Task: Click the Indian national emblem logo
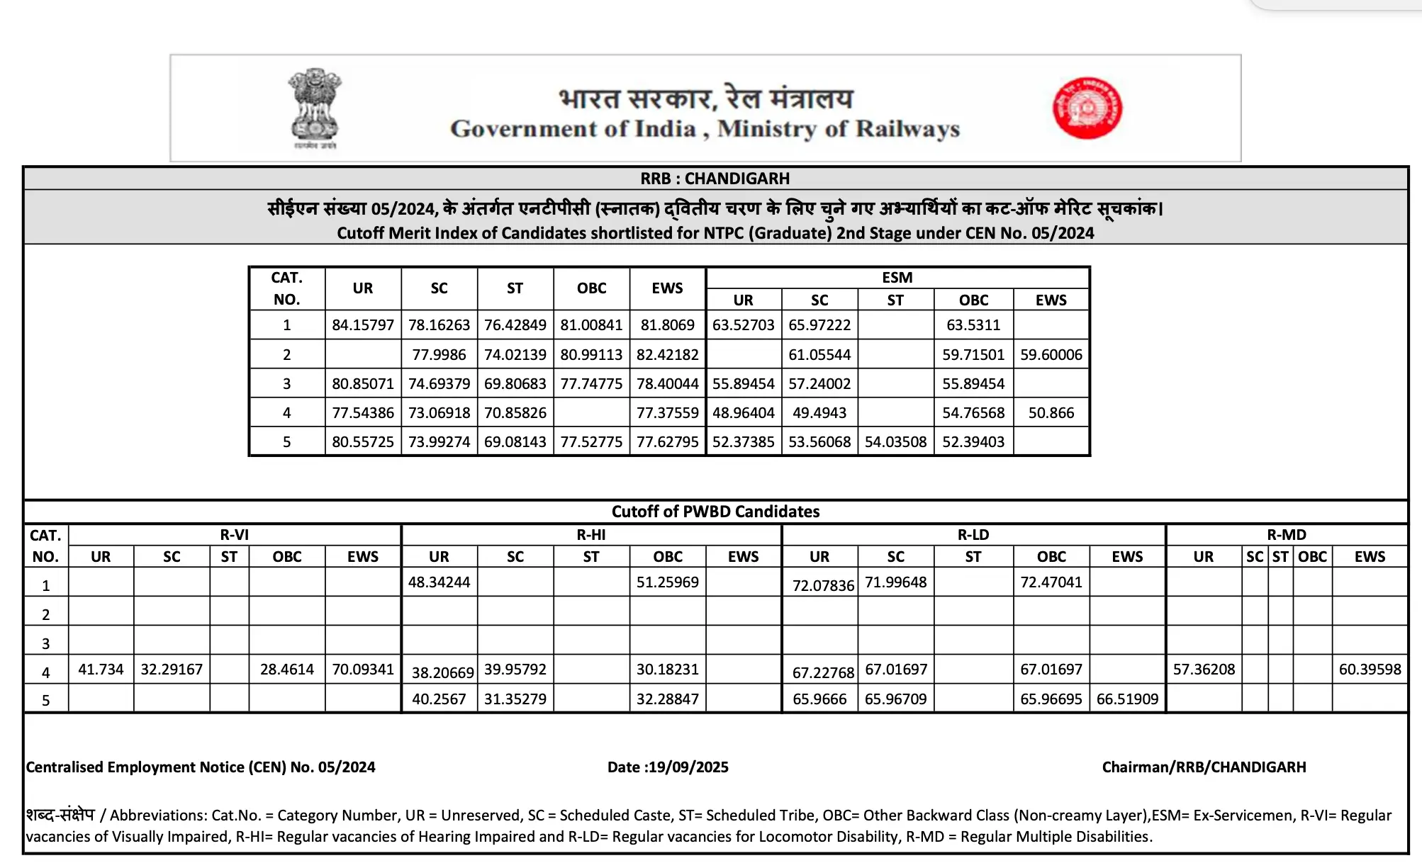tap(315, 108)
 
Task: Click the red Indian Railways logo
tap(1087, 108)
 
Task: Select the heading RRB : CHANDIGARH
tap(715, 179)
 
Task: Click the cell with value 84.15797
tap(363, 325)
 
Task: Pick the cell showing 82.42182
tap(667, 354)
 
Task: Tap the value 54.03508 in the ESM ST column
tap(895, 441)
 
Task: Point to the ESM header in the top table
tap(897, 278)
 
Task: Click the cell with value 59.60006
tap(1051, 354)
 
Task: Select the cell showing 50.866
tap(1051, 412)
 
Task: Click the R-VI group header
tap(234, 535)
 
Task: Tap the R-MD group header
tap(1286, 535)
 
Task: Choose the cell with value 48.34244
tap(439, 582)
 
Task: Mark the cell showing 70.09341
tap(363, 670)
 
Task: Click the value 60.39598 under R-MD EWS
tap(1370, 670)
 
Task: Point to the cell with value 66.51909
tap(1127, 699)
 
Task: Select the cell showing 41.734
tap(101, 670)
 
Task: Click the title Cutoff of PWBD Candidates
tap(715, 512)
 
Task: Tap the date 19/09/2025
tap(688, 767)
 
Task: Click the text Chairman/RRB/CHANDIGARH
tap(1204, 767)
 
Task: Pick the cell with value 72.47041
tap(1051, 582)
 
